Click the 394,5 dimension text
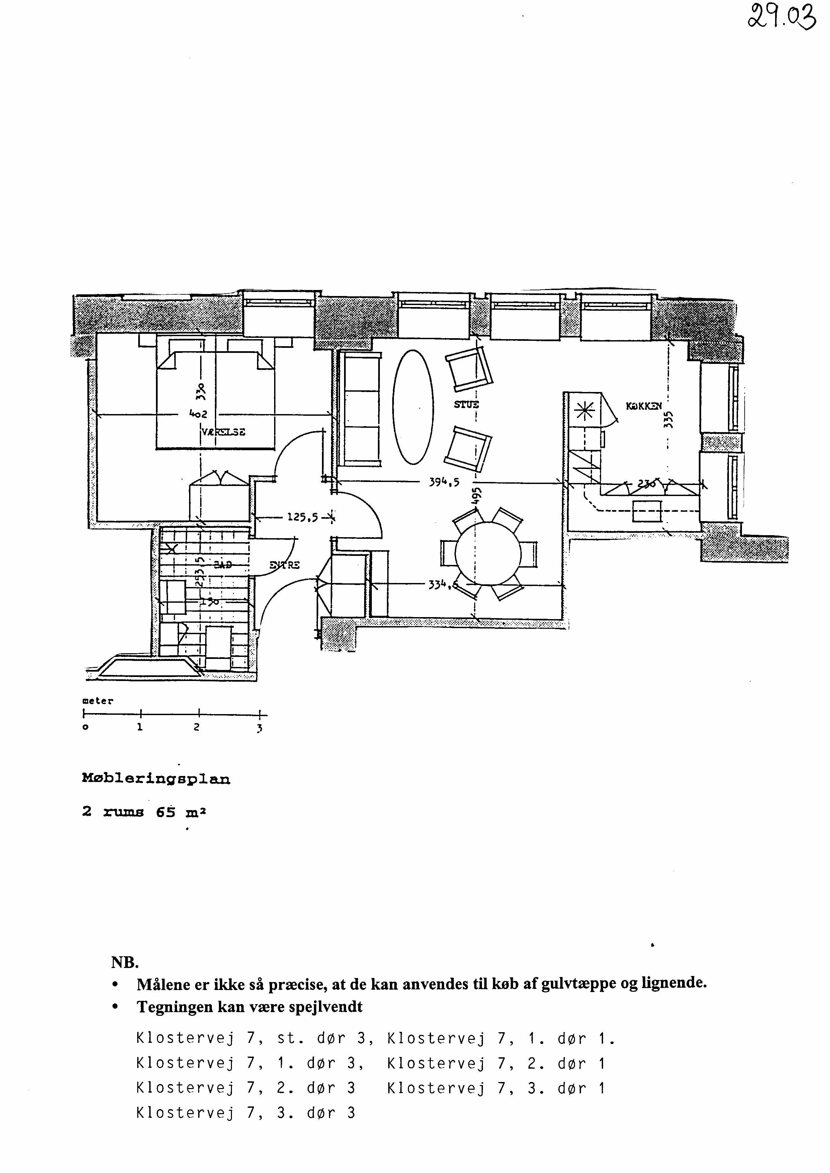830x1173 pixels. click(444, 481)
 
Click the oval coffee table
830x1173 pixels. click(413, 407)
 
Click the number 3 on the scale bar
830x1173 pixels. click(260, 728)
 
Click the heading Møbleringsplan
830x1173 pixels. click(156, 779)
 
